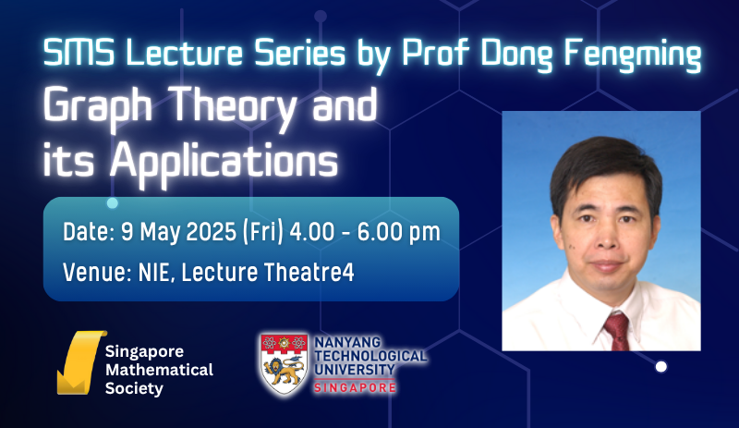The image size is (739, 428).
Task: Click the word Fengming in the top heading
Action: coord(633,55)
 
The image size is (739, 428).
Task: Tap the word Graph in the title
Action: coord(98,107)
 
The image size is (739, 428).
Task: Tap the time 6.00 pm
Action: coord(399,232)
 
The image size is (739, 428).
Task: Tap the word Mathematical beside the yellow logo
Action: coord(159,370)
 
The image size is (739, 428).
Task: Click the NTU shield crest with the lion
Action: coord(285,364)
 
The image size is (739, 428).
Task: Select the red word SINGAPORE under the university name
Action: coord(355,388)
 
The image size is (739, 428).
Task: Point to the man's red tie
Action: coord(617,331)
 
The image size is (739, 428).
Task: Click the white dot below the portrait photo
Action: coord(661,367)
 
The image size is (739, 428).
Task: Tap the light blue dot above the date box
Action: coord(112,203)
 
